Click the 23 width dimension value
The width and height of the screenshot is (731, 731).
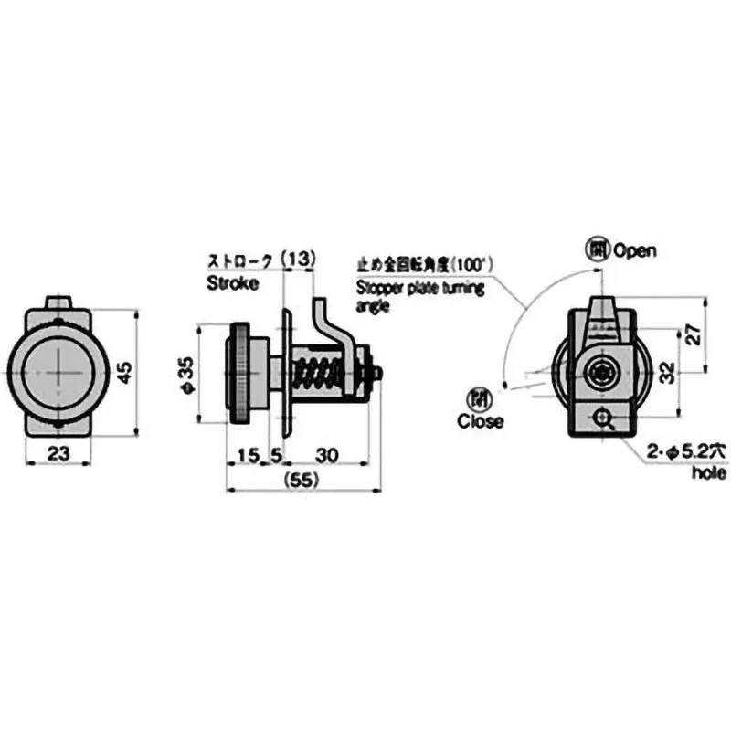[x=58, y=452]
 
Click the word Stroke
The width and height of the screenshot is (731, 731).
[x=233, y=283]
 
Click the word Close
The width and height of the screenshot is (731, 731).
[x=481, y=422]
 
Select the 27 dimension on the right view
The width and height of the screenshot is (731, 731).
[x=694, y=335]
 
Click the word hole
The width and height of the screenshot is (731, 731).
[x=708, y=473]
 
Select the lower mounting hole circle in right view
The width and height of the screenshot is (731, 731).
[x=602, y=418]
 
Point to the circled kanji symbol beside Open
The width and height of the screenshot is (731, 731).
[x=596, y=249]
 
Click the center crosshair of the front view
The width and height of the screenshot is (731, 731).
[x=58, y=372]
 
